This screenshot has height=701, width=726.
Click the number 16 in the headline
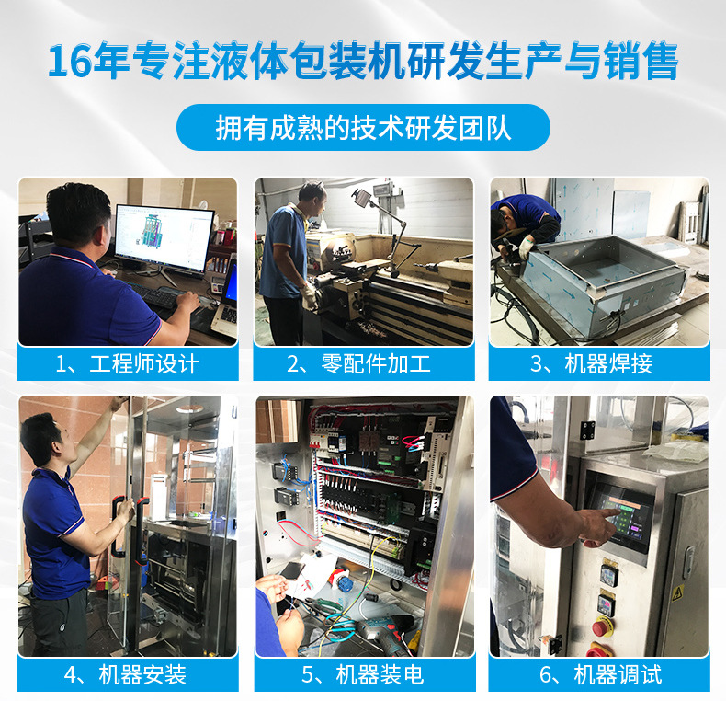[x=67, y=62]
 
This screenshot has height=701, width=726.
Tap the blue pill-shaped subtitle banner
[x=363, y=128]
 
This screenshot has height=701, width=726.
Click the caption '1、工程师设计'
[x=128, y=363]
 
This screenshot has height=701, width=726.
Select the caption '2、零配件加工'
[x=363, y=363]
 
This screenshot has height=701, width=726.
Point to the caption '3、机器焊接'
[x=598, y=363]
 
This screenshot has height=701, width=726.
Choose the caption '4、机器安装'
[x=128, y=674]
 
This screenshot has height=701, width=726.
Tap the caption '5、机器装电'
[x=363, y=674]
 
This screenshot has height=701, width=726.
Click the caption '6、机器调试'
[x=598, y=674]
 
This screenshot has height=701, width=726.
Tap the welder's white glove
[x=526, y=247]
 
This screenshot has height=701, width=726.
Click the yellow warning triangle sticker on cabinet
[x=679, y=592]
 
